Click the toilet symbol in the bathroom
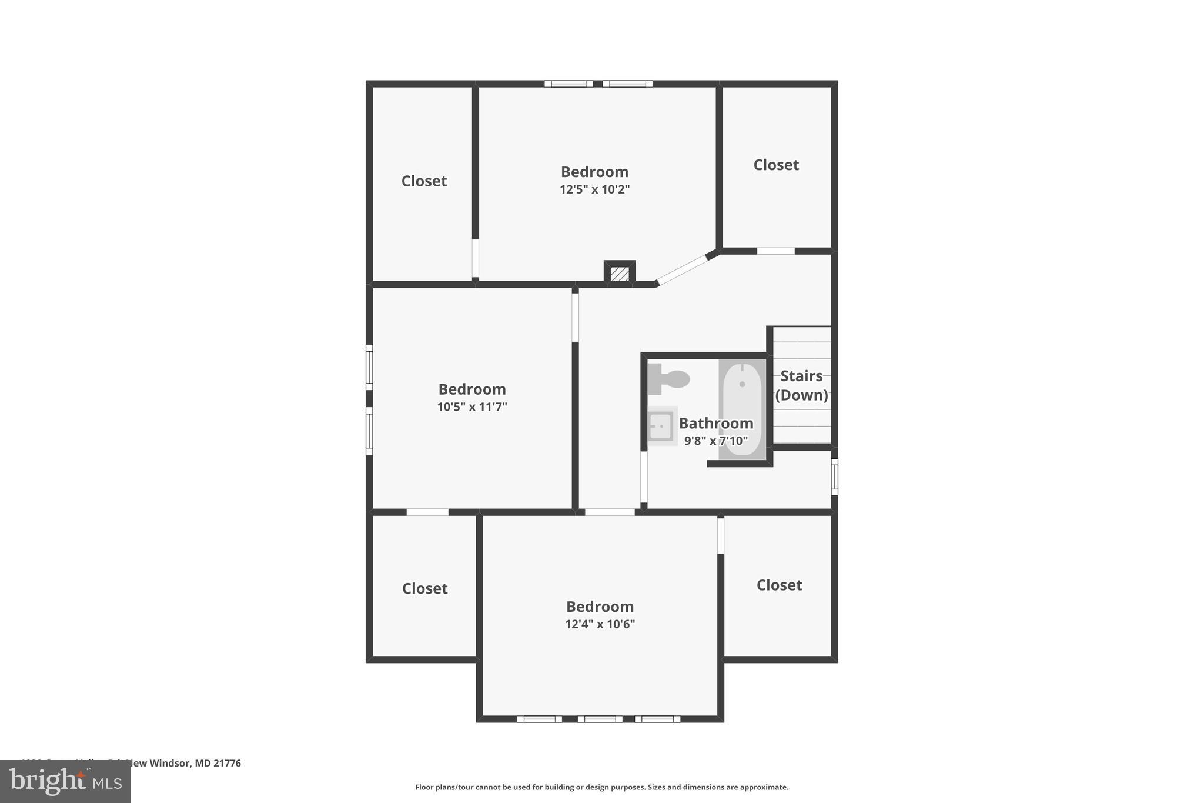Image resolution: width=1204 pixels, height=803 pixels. (668, 379)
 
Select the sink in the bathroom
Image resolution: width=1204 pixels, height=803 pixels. (661, 426)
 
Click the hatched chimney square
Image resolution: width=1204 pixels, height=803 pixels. (620, 274)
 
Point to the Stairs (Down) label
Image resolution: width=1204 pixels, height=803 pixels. (801, 385)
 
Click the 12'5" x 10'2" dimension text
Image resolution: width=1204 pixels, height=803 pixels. (594, 189)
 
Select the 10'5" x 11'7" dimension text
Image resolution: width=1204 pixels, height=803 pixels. (471, 407)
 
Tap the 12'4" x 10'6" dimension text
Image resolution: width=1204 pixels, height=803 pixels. (600, 624)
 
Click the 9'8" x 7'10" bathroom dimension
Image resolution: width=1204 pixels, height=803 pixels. (715, 441)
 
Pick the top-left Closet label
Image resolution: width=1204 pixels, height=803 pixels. (424, 181)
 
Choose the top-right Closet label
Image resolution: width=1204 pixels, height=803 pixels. (776, 165)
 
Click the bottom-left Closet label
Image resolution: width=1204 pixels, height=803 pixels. (424, 588)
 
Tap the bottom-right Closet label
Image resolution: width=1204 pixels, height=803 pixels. (779, 585)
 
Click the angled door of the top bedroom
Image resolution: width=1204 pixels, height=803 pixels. (682, 270)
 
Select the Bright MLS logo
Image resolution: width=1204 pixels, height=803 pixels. (65, 782)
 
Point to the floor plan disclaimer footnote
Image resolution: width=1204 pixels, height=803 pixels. (601, 787)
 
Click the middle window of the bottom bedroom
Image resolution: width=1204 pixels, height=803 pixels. (600, 719)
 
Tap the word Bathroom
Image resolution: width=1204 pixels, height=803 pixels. (715, 423)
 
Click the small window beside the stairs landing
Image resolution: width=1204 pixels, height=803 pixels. (834, 477)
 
